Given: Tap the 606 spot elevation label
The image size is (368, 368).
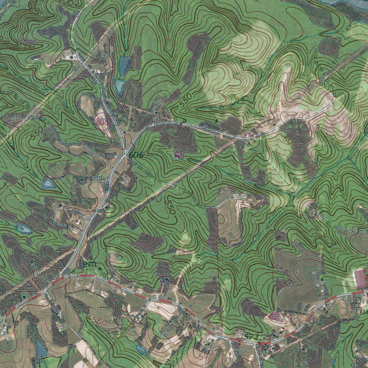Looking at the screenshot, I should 136,155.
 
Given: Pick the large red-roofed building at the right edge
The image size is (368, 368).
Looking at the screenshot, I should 360,279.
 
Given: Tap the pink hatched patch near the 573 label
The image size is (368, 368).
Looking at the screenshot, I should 275,316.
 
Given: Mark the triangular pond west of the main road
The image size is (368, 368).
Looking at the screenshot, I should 47,184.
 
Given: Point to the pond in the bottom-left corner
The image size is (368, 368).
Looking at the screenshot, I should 41,350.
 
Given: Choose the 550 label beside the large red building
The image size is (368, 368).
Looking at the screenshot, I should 286,284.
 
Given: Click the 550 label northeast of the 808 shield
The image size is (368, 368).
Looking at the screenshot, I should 186,100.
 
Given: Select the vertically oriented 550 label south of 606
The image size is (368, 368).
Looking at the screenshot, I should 170,206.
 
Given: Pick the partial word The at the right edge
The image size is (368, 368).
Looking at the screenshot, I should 360,311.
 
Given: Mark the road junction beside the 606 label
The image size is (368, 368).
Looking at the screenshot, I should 124,155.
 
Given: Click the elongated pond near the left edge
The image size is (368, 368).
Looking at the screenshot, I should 24,228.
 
